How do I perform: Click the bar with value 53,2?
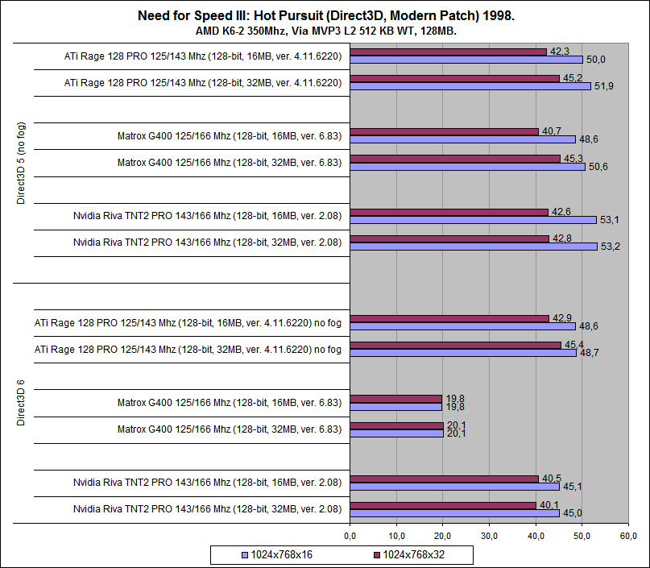pos(474,247)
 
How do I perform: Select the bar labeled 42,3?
pos(448,52)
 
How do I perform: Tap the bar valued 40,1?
pos(443,505)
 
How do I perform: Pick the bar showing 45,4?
pos(455,345)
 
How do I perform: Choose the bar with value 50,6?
pos(467,167)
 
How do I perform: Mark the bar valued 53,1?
pos(473,219)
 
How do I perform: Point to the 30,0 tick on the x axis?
pos(489,536)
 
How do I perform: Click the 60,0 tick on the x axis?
pos(628,536)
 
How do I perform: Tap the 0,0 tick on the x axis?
pos(350,536)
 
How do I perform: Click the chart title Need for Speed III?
pos(325,15)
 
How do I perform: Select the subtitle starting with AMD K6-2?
pos(325,31)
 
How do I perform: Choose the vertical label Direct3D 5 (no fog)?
pos(22,164)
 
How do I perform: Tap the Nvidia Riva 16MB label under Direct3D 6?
pos(207,483)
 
